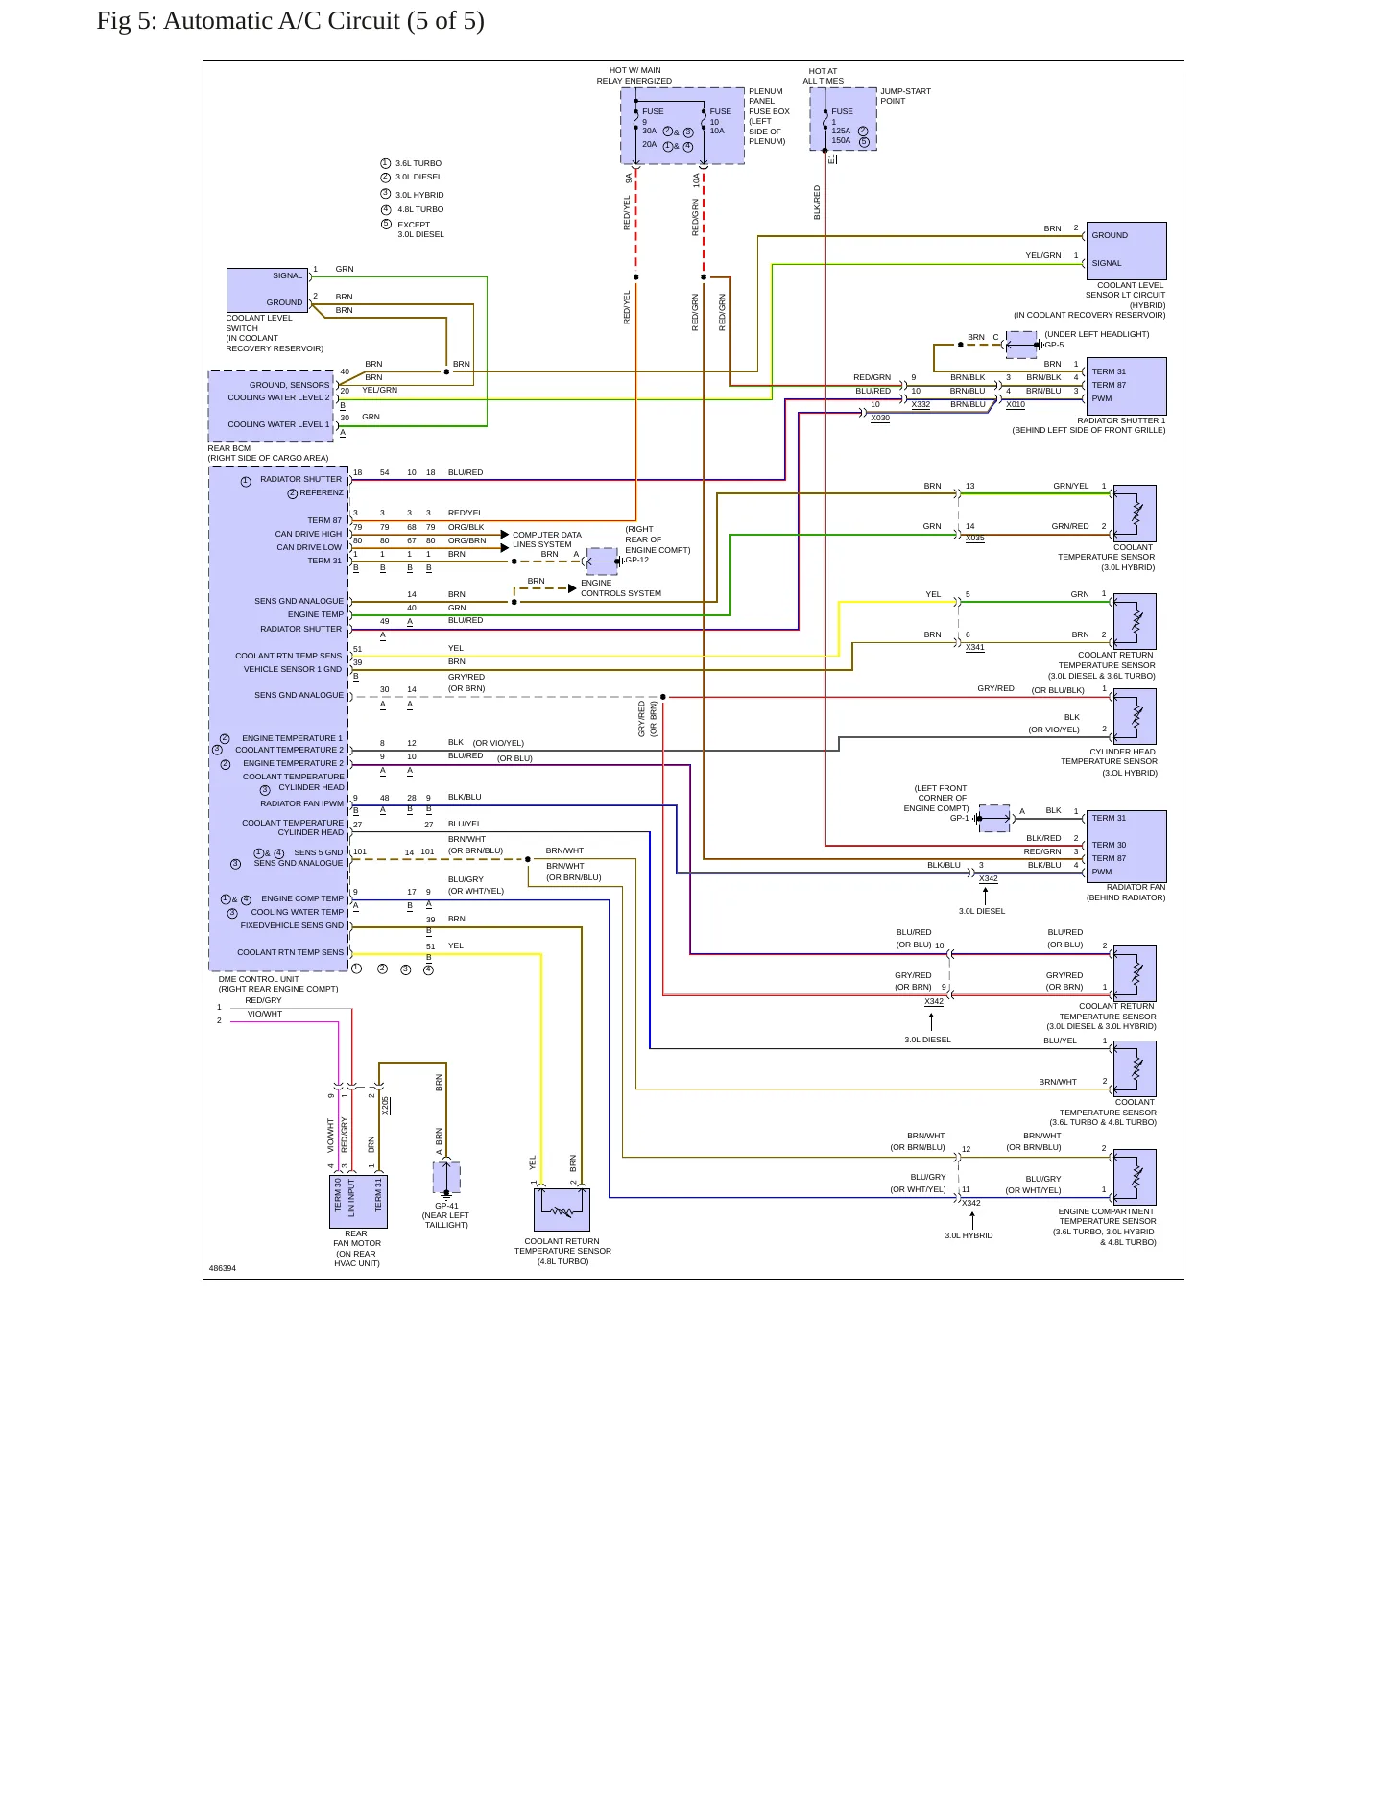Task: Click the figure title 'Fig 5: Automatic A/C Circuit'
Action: (290, 21)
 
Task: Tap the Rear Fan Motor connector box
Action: (358, 1201)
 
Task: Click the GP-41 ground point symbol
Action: (446, 1178)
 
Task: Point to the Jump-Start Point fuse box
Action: (843, 119)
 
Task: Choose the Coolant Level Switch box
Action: (268, 290)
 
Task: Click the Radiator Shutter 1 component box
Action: (1126, 386)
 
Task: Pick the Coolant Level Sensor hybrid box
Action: (1126, 251)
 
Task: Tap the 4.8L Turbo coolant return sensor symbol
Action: (562, 1209)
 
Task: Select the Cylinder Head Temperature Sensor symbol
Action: (1135, 716)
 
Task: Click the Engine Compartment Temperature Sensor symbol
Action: (1135, 1177)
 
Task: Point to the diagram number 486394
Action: (223, 1268)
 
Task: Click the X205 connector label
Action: (386, 1105)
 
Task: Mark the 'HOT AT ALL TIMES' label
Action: (824, 76)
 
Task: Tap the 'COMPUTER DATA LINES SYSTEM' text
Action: (547, 539)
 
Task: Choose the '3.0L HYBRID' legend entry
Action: (413, 195)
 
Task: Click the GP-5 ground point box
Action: (1021, 345)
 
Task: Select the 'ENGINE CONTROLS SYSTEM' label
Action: (621, 588)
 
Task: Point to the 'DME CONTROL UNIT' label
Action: (259, 979)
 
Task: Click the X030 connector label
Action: (880, 419)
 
